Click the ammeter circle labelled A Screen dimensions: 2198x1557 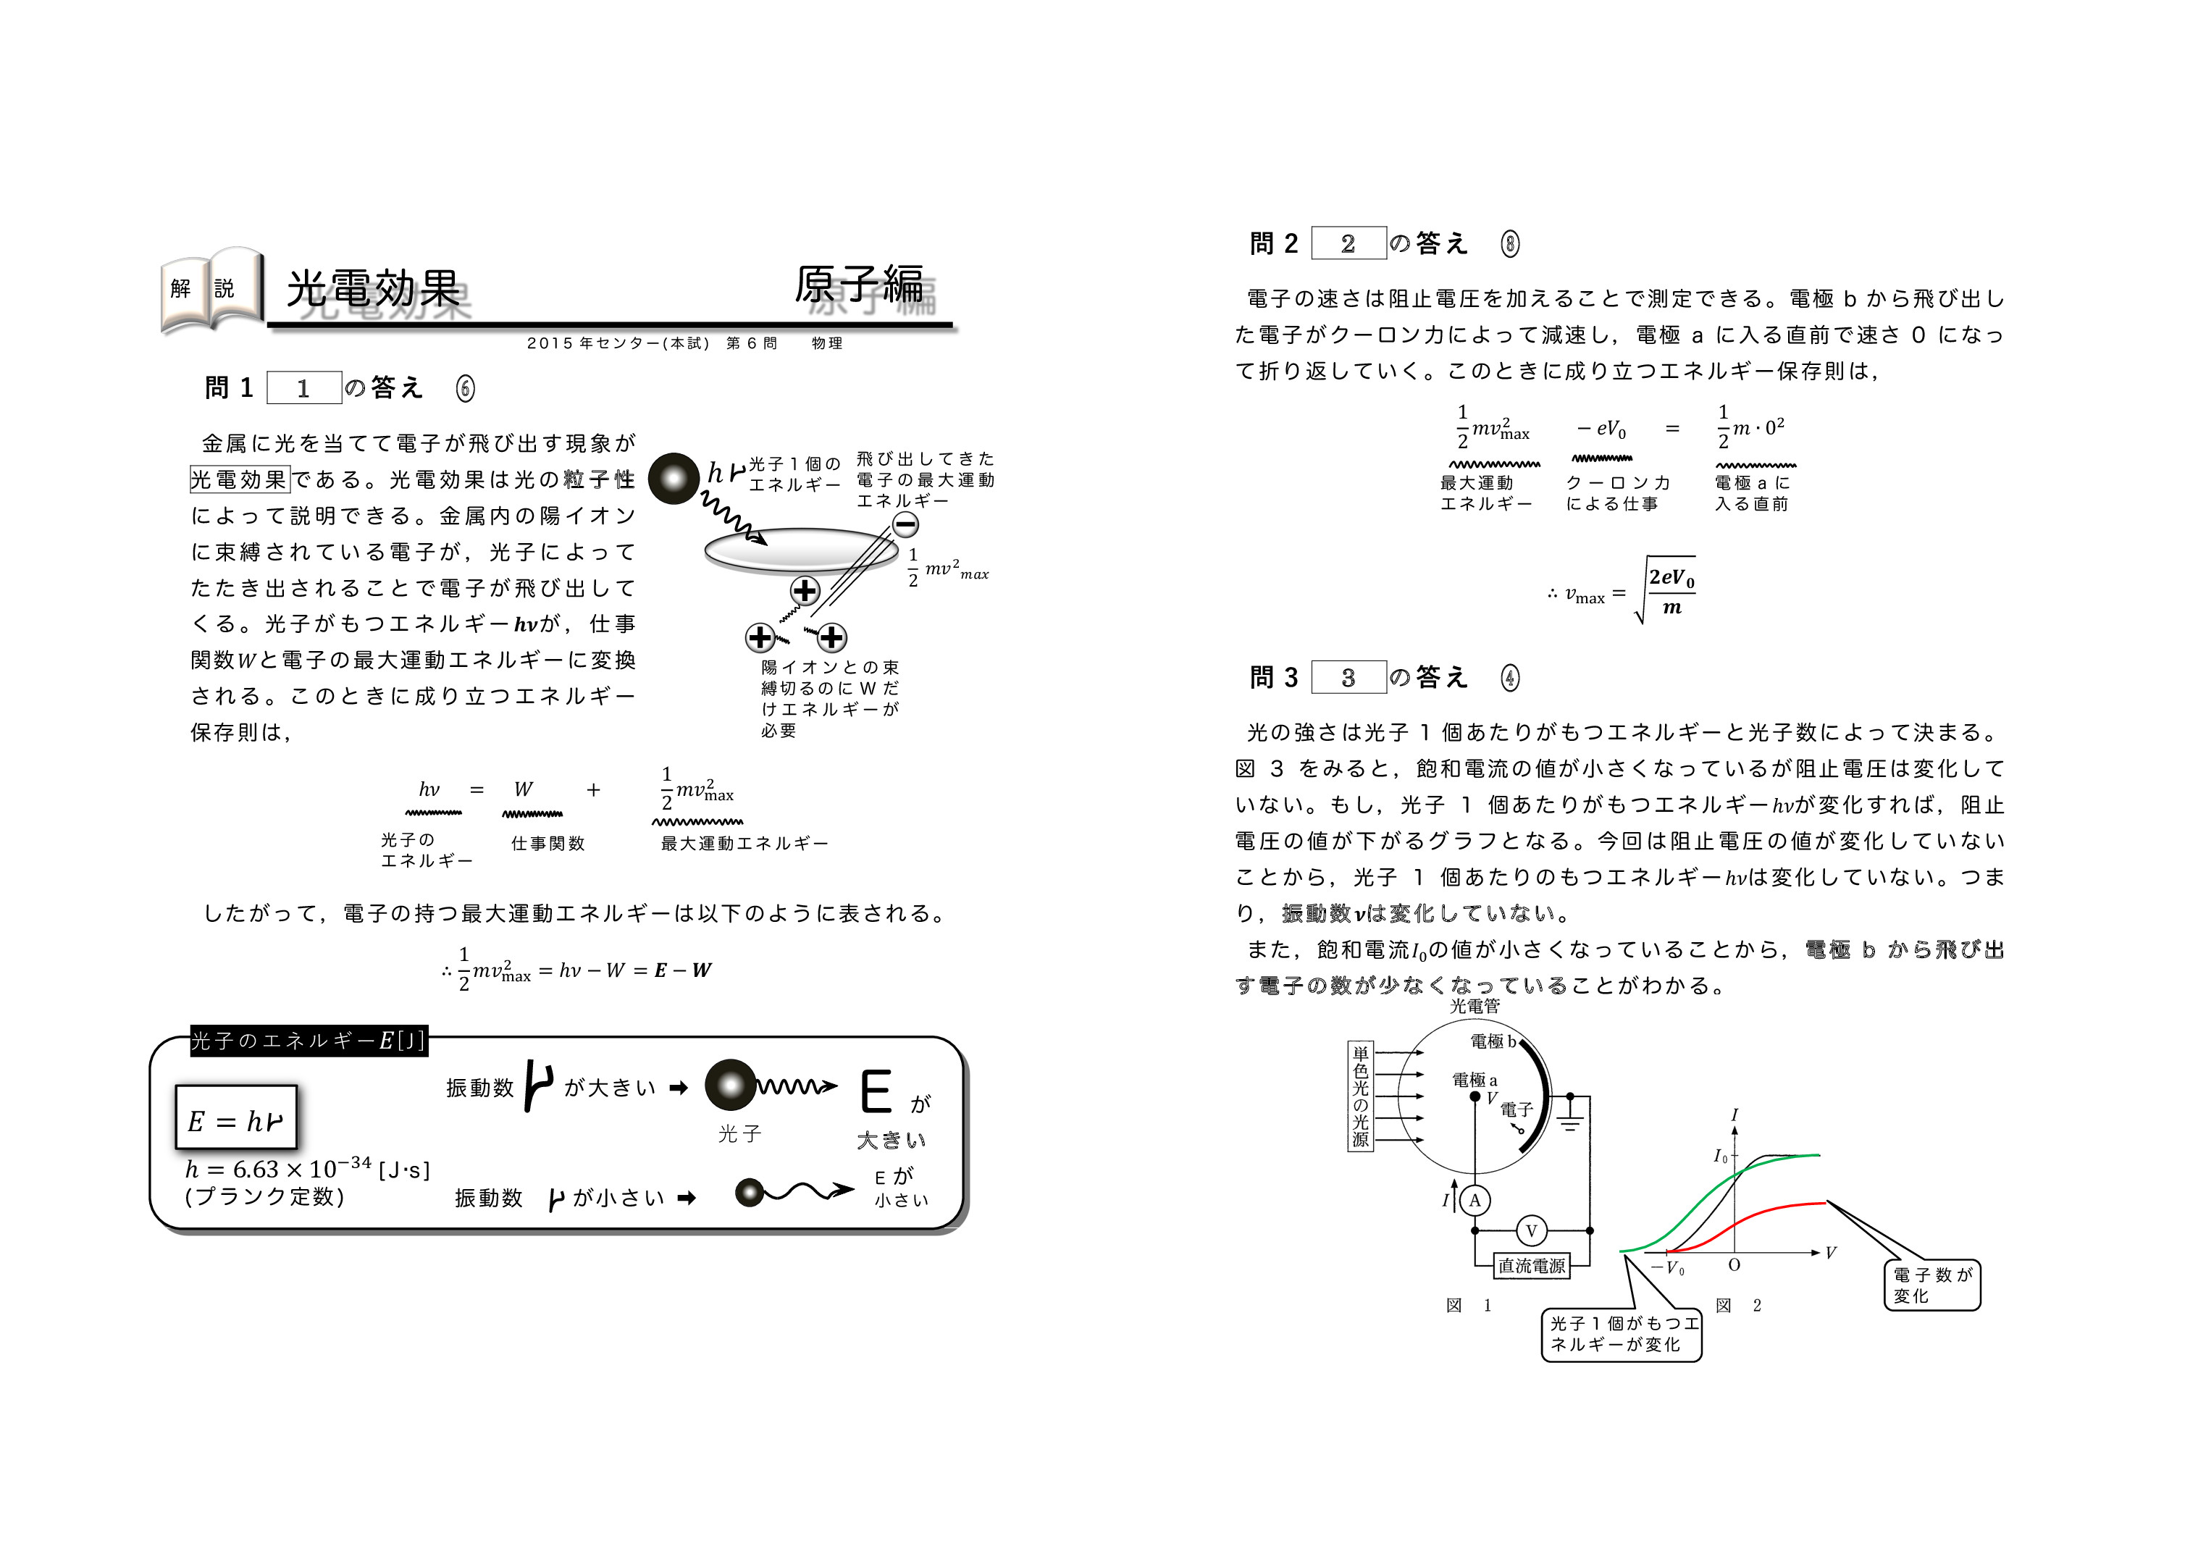tap(1475, 1201)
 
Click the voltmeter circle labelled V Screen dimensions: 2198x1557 tap(1531, 1231)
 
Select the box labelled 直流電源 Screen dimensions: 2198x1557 tap(1532, 1266)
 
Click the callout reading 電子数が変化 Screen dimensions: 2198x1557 tap(1931, 1285)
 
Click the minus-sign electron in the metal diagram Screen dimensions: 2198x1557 tap(905, 524)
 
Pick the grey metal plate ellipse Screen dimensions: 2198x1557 tap(802, 550)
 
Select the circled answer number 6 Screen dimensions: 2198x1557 tap(465, 388)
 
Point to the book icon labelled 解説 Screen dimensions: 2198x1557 tap(211, 291)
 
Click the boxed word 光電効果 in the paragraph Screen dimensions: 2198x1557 tap(240, 479)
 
